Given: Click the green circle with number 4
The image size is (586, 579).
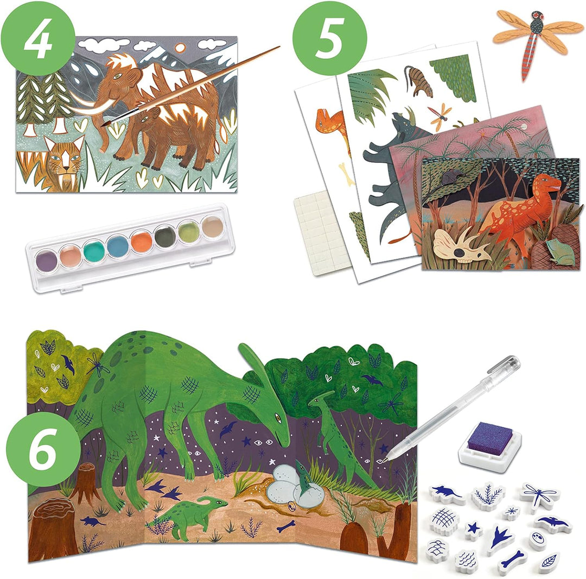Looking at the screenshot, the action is point(38,38).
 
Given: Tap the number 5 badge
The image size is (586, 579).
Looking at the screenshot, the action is point(330,38).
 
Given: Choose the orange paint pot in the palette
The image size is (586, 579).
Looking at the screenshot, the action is point(141,241).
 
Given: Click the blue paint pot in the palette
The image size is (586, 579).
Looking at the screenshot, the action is point(118,246).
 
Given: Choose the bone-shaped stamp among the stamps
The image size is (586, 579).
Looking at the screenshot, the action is point(511,559).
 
